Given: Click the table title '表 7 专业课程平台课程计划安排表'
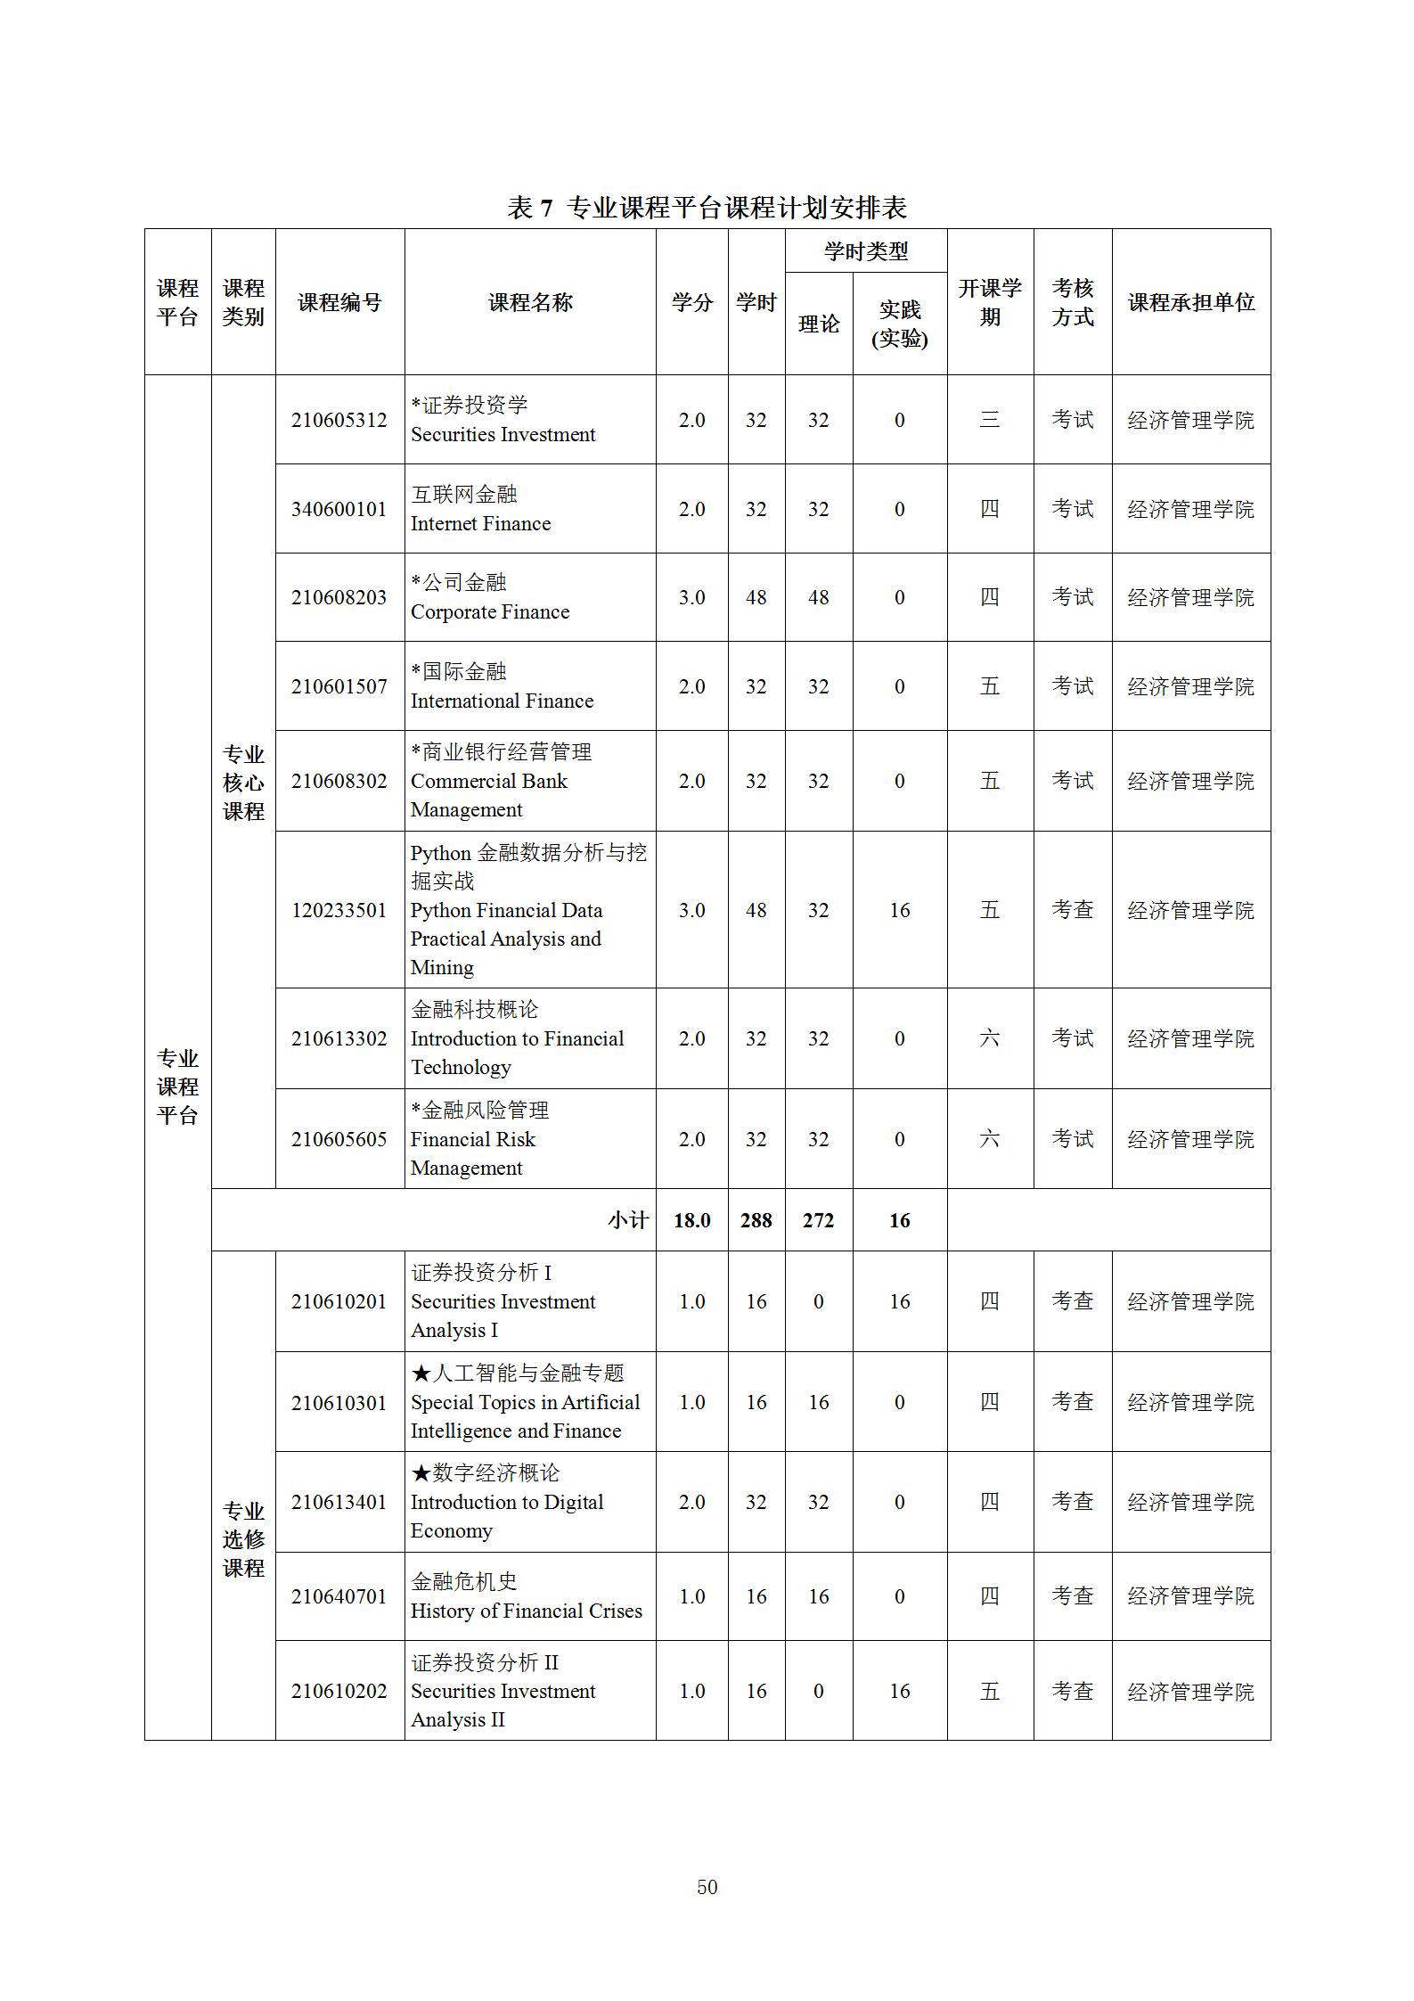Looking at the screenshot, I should pyautogui.click(x=707, y=208).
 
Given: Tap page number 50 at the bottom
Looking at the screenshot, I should pyautogui.click(x=707, y=1886).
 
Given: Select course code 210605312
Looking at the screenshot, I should pyautogui.click(x=339, y=420).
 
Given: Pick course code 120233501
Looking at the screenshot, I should pyautogui.click(x=339, y=910).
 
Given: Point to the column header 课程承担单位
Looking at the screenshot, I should pyautogui.click(x=1190, y=302).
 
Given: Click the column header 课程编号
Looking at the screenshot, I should pyautogui.click(x=339, y=302).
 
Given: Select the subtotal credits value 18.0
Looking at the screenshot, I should pyautogui.click(x=691, y=1220).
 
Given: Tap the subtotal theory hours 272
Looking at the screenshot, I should pyautogui.click(x=818, y=1220).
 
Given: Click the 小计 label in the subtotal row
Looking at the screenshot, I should pyautogui.click(x=628, y=1220).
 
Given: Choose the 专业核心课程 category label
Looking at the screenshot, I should pyautogui.click(x=243, y=782).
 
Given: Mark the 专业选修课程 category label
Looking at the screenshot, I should pyautogui.click(x=243, y=1539).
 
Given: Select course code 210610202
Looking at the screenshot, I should pyautogui.click(x=339, y=1691).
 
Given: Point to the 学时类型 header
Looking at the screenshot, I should pyautogui.click(x=865, y=251).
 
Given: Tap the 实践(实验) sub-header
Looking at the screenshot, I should pyautogui.click(x=899, y=324).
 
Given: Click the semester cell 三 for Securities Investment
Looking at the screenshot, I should pyautogui.click(x=989, y=420).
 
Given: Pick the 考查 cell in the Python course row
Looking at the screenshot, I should pyautogui.click(x=1072, y=910).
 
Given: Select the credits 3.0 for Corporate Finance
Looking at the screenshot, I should pyautogui.click(x=691, y=597).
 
